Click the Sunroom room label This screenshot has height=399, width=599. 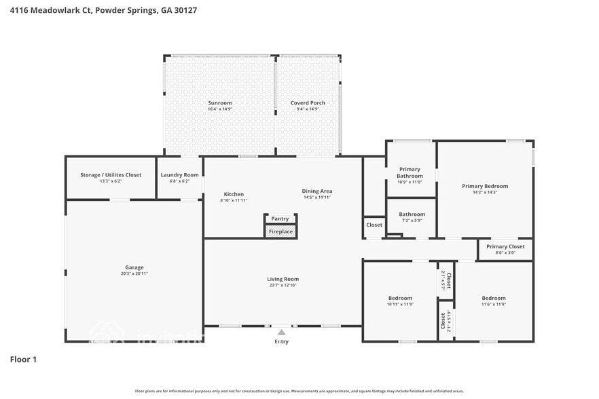[x=219, y=103]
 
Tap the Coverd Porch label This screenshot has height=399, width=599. [x=308, y=103]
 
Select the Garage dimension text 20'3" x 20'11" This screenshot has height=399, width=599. [x=134, y=273]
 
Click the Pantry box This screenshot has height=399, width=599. [x=280, y=218]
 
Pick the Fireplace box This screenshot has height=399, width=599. [x=280, y=231]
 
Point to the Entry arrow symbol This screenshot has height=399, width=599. [x=281, y=332]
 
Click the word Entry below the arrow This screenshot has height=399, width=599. [x=281, y=341]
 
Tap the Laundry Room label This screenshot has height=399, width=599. [x=180, y=175]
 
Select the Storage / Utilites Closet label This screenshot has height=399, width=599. [x=111, y=175]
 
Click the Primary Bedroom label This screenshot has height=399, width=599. [x=485, y=186]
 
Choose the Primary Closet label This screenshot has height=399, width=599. [x=505, y=246]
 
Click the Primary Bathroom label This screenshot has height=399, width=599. [x=410, y=172]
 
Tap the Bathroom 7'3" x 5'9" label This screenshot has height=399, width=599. [x=412, y=214]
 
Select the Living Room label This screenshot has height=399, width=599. [x=283, y=279]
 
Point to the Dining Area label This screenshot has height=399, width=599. [x=317, y=191]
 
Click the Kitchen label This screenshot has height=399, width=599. [x=234, y=194]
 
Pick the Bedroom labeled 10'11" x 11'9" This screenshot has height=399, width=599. [x=400, y=298]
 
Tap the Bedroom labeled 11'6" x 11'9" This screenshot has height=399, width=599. [x=494, y=298]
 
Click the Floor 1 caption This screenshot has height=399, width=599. [x=23, y=359]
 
